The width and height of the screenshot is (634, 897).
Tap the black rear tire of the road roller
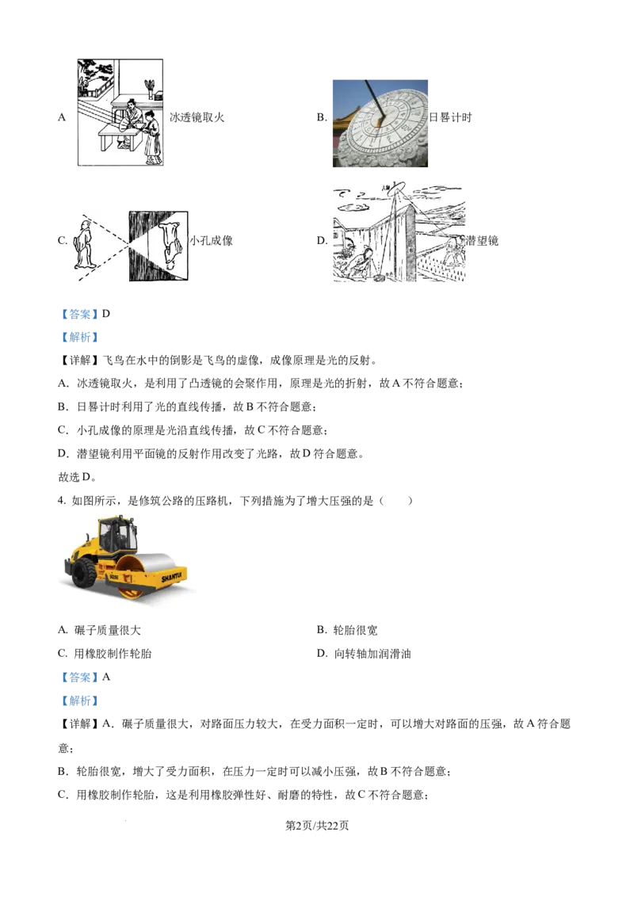(x=85, y=572)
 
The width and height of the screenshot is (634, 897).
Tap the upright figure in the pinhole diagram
(x=83, y=246)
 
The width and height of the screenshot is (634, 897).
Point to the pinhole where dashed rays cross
(x=128, y=246)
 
